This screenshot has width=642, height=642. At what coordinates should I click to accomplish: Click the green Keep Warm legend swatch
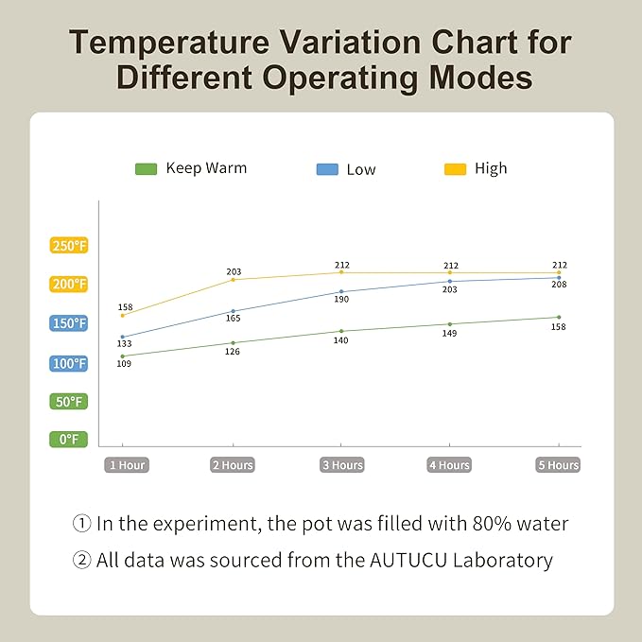click(x=146, y=168)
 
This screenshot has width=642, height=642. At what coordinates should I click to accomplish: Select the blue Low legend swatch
click(x=326, y=169)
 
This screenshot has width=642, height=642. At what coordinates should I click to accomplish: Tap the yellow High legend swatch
click(x=456, y=168)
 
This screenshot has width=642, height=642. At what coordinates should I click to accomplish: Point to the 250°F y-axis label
click(x=69, y=246)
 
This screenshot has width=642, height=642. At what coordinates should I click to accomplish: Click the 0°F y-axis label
click(x=69, y=439)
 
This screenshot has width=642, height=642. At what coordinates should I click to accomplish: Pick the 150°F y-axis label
click(x=69, y=323)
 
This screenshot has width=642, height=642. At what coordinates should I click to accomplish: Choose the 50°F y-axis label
click(x=69, y=401)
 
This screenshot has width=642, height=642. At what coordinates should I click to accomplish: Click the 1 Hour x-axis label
click(x=126, y=465)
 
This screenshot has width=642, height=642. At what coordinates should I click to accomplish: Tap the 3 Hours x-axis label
click(x=341, y=465)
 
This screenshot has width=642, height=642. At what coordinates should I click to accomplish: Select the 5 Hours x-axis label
click(x=558, y=465)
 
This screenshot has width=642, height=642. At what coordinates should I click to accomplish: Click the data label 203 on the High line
click(x=234, y=272)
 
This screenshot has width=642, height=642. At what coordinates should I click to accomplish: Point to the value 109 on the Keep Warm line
click(x=124, y=364)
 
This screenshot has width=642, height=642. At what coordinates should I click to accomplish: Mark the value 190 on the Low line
click(x=341, y=300)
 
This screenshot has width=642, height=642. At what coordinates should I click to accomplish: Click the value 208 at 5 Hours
click(x=558, y=285)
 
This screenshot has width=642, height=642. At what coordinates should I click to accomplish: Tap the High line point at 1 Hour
click(x=123, y=315)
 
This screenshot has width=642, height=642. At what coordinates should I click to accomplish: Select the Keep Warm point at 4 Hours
click(x=450, y=324)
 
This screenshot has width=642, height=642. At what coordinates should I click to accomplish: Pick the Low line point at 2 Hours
click(x=233, y=311)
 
